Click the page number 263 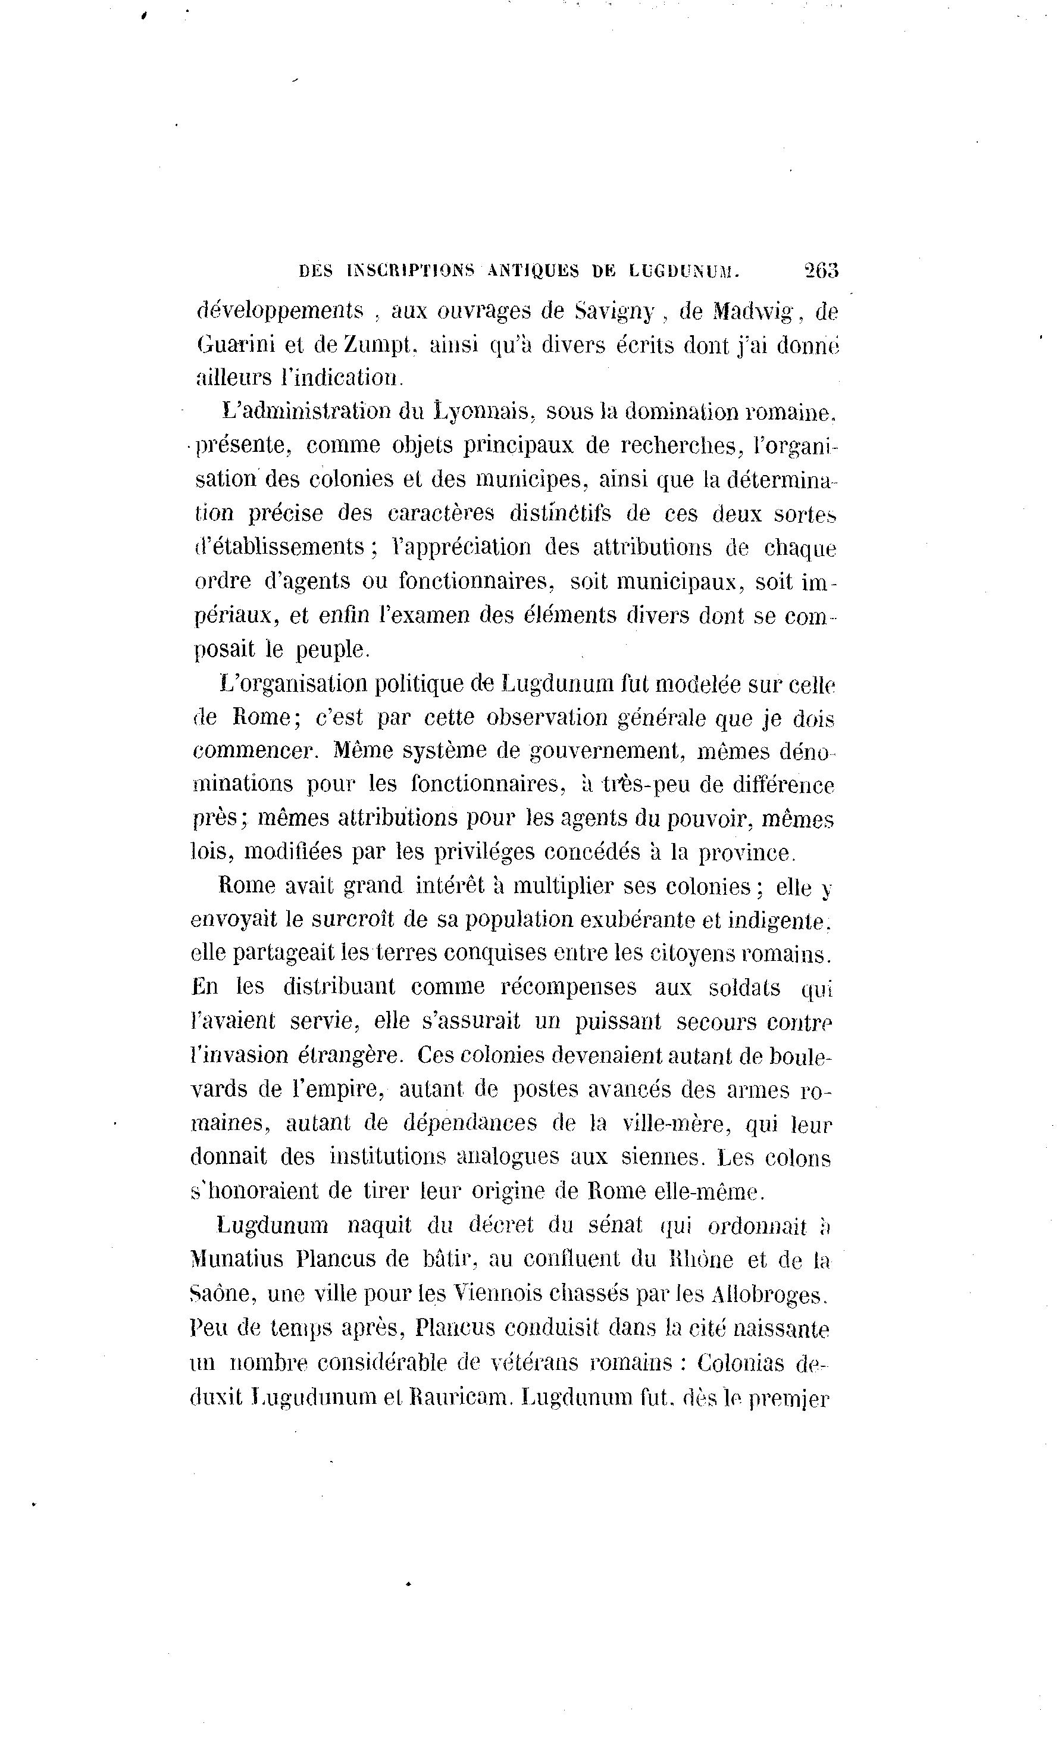click(x=820, y=270)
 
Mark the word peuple click(x=331, y=650)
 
